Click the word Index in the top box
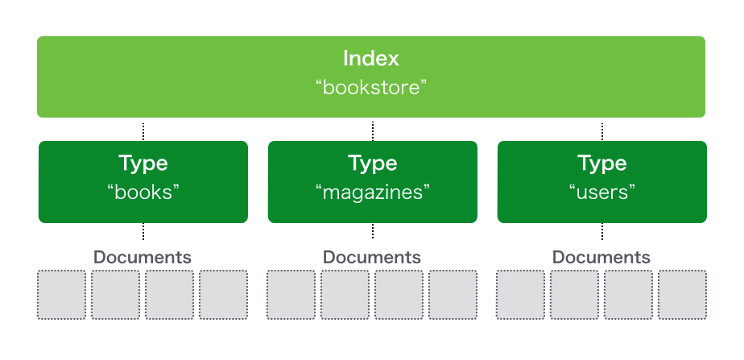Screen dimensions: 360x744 (371, 59)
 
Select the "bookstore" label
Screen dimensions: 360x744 (371, 87)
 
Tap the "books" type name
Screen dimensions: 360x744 (143, 192)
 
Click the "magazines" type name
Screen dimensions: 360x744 (372, 192)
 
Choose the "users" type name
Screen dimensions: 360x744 (602, 192)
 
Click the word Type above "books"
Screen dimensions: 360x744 (143, 163)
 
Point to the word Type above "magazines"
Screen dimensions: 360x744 (372, 163)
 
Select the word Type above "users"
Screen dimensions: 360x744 (602, 163)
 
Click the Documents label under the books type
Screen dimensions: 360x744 (143, 257)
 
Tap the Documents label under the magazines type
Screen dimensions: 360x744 (372, 257)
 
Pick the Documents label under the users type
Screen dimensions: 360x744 (601, 257)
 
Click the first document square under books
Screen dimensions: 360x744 (62, 295)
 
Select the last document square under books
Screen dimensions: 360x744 (224, 295)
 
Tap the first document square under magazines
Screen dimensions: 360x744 (291, 295)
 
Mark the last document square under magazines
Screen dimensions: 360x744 (453, 295)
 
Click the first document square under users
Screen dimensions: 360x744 (521, 295)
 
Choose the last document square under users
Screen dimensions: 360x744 (682, 295)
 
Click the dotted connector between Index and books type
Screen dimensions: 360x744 (143, 130)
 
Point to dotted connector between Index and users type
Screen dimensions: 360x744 (602, 130)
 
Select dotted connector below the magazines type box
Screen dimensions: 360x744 (373, 231)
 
